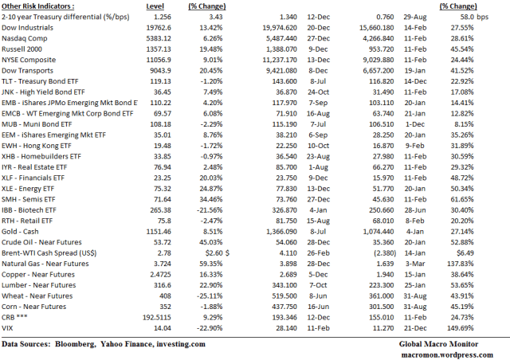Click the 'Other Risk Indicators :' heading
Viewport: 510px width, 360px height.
click(37, 6)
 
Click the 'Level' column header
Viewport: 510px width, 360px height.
click(155, 6)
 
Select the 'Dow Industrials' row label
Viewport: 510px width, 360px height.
click(27, 28)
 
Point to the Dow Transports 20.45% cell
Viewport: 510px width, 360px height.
click(210, 71)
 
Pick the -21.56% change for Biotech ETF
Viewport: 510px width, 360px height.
click(210, 210)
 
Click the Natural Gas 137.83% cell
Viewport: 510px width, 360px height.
click(461, 264)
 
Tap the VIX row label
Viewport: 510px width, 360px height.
click(7, 328)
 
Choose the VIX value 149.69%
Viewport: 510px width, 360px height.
click(461, 328)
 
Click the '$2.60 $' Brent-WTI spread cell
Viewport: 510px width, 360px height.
click(218, 253)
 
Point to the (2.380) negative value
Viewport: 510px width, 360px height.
click(384, 253)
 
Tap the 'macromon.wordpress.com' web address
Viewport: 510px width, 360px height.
click(447, 354)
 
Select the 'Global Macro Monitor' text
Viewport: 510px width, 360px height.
click(438, 344)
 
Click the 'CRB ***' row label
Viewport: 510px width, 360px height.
click(14, 318)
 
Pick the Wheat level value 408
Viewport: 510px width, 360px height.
click(165, 296)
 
